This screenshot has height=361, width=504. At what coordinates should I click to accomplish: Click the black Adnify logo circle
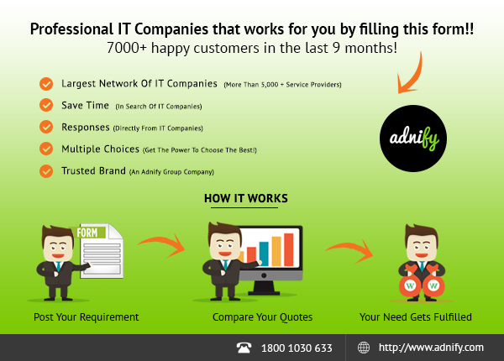click(x=413, y=139)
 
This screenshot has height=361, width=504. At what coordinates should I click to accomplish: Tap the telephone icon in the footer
click(x=244, y=348)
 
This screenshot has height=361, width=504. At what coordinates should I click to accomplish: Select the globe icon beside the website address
click(x=364, y=348)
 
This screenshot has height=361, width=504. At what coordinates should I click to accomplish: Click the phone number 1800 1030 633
click(x=297, y=348)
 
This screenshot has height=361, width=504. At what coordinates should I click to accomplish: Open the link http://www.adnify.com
click(x=431, y=348)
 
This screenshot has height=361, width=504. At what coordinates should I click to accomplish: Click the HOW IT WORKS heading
click(x=246, y=198)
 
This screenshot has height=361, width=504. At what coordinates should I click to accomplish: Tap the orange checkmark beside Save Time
click(x=46, y=105)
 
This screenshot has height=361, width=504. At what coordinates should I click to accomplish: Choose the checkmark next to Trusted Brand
click(x=46, y=171)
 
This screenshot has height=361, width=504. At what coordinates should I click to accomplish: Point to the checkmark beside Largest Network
click(x=46, y=84)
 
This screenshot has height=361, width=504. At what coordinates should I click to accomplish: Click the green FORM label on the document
click(x=87, y=233)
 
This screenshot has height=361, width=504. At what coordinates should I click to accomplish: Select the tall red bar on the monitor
click(x=289, y=249)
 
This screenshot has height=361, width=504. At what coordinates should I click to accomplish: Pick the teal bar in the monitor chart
click(x=264, y=254)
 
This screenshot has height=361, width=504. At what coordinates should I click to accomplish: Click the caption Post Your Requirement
click(x=87, y=317)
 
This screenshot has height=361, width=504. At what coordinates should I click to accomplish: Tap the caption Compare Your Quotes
click(x=262, y=317)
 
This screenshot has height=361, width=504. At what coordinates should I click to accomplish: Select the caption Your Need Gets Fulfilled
click(x=416, y=317)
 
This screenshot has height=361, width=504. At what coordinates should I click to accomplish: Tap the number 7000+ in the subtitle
click(x=127, y=48)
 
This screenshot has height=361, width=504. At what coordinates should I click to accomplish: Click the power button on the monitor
click(x=264, y=275)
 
